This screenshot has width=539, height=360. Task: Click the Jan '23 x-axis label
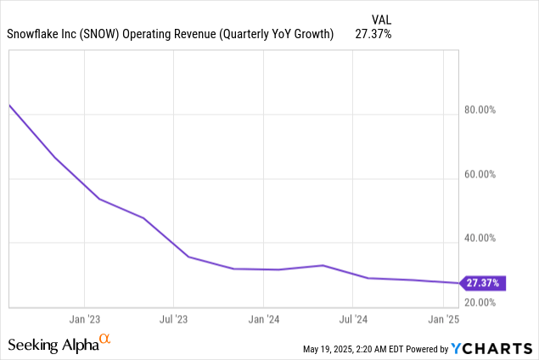84,320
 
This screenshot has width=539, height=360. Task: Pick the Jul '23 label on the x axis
173,320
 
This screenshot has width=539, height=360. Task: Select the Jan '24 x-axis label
263,320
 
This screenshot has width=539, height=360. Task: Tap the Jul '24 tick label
353,320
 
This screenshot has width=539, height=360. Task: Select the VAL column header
381,19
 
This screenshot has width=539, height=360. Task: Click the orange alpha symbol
104,340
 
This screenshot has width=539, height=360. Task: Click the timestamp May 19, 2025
334,349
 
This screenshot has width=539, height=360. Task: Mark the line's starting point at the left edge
9,105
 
